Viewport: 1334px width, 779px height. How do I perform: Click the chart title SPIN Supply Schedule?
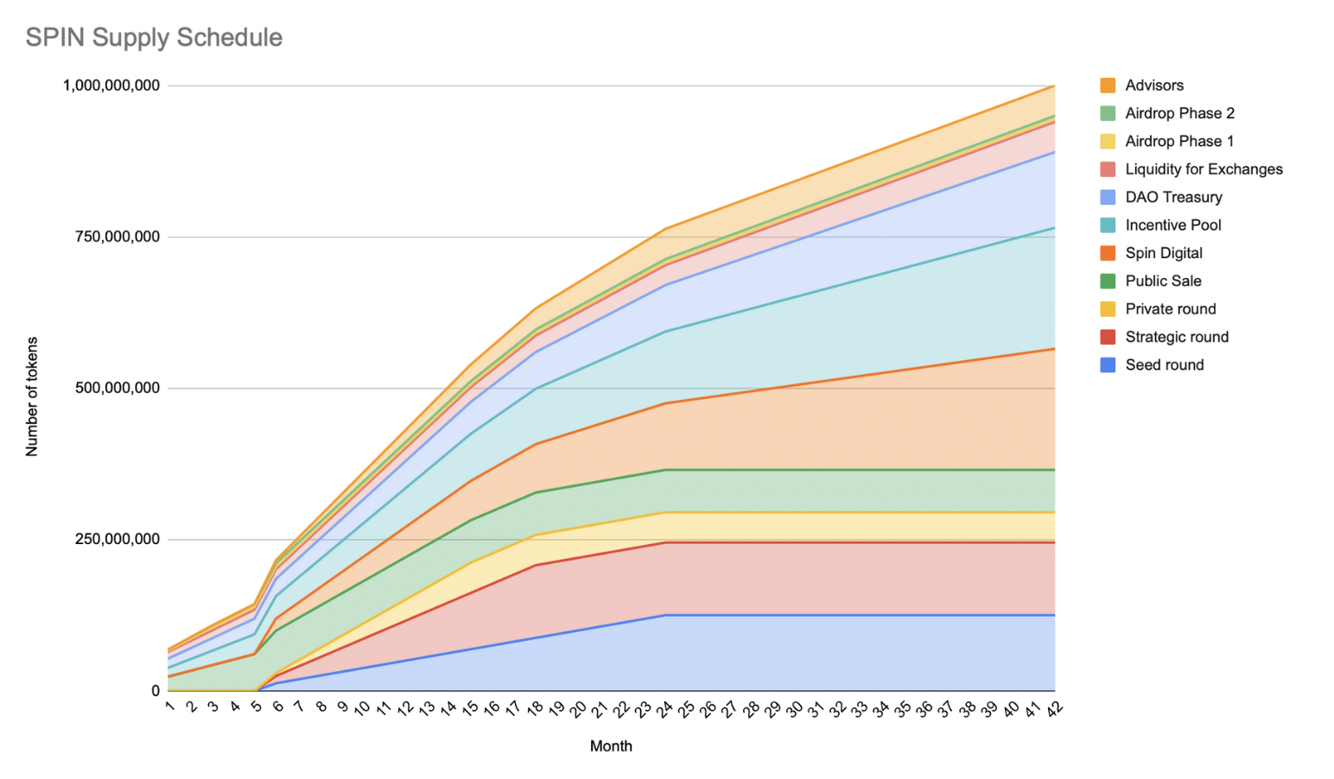(154, 37)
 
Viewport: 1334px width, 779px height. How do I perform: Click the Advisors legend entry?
(1153, 85)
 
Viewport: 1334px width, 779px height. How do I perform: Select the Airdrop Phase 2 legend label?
(1179, 113)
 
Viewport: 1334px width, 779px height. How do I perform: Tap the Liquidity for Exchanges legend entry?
(1203, 169)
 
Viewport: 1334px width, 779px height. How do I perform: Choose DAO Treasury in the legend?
(1173, 197)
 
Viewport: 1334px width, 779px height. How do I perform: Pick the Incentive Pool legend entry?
(1172, 225)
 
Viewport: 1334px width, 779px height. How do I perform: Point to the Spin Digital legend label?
(1163, 253)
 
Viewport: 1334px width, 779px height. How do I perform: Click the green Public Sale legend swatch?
(1108, 281)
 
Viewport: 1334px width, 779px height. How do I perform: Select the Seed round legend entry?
(1164, 365)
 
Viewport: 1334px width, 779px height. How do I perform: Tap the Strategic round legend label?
(1176, 337)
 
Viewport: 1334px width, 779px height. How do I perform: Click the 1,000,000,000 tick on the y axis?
(111, 85)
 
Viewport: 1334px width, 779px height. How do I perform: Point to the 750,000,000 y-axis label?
(118, 237)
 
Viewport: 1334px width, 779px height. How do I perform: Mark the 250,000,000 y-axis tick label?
(118, 540)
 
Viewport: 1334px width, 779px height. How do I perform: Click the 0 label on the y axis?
(156, 691)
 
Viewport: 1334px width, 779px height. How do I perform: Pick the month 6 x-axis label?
(277, 707)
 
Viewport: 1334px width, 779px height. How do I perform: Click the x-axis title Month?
(611, 746)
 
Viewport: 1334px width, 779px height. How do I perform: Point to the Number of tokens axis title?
(32, 396)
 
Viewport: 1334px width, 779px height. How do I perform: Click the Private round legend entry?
(1170, 309)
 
